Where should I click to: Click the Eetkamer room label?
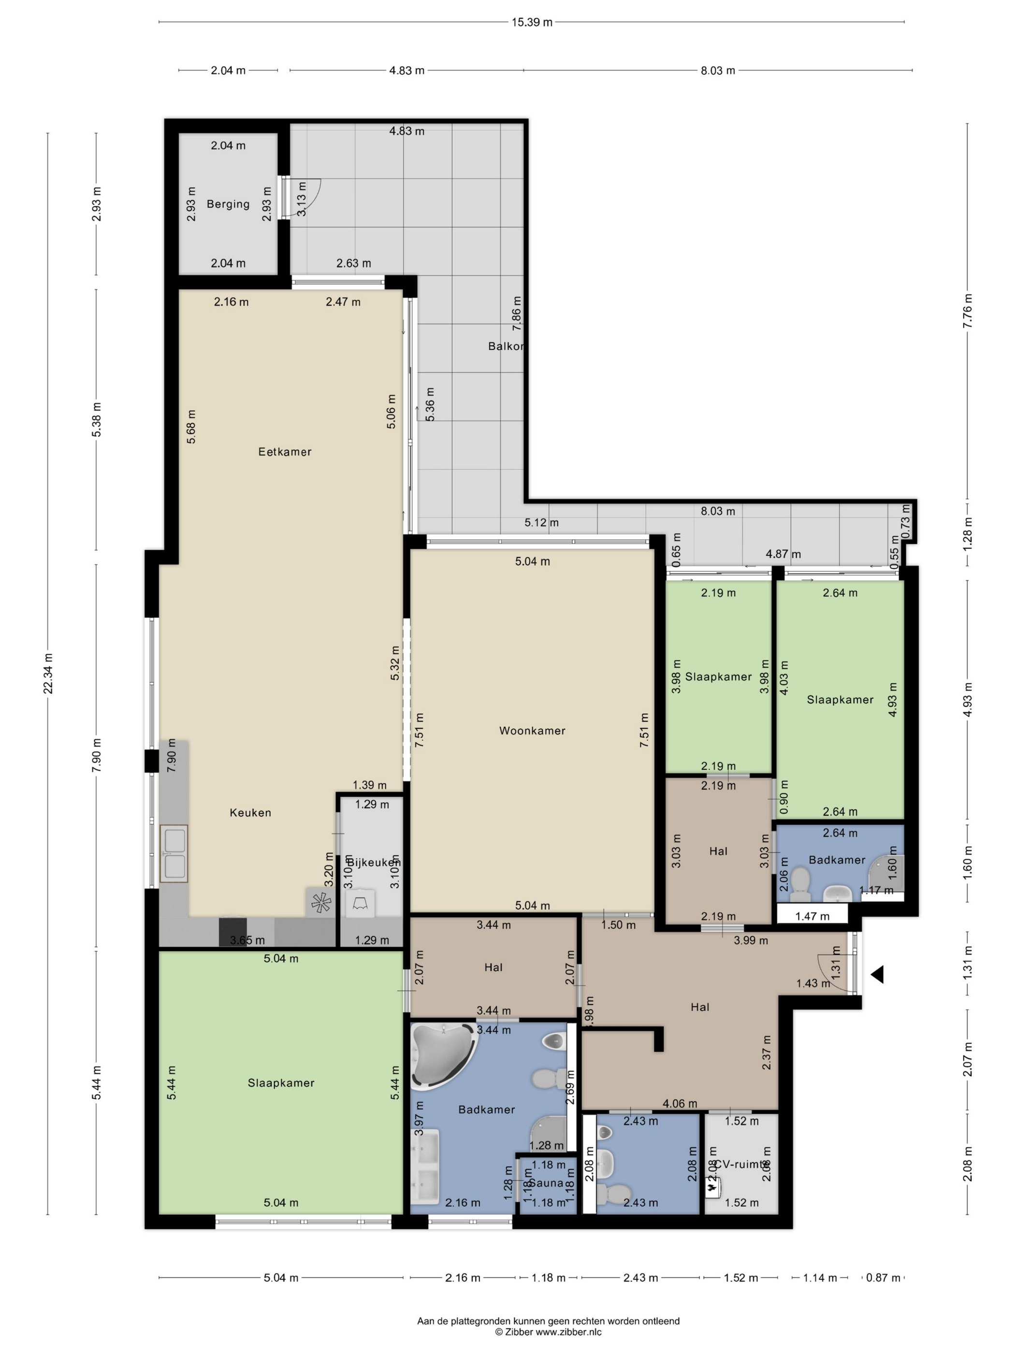[x=285, y=452]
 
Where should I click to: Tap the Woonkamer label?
[x=532, y=730]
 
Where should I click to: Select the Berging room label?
[x=228, y=204]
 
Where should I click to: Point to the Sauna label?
[x=546, y=1183]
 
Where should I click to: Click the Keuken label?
[x=250, y=812]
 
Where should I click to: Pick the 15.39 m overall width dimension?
[x=532, y=23]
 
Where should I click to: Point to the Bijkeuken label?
[x=373, y=862]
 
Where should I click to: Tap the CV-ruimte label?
[x=741, y=1165]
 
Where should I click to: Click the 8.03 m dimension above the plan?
[x=717, y=71]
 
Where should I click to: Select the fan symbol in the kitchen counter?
[x=320, y=903]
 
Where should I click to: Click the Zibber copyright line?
[x=548, y=1332]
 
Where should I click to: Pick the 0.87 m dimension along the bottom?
[x=883, y=1278]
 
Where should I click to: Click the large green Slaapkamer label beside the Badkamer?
[x=281, y=1083]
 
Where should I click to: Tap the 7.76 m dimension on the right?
[x=967, y=311]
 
